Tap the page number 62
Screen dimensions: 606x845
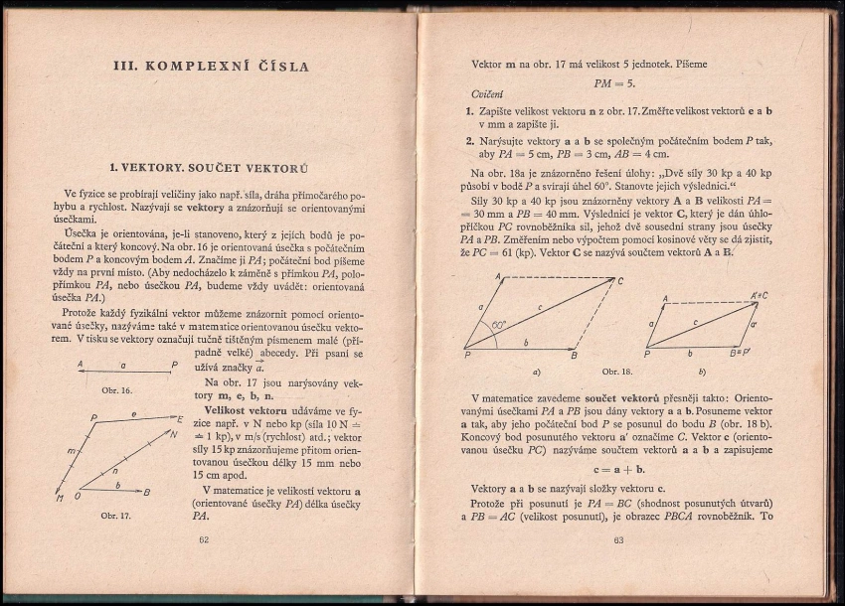[204, 540]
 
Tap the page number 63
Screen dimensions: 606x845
[618, 540]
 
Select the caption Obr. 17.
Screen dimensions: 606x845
[117, 516]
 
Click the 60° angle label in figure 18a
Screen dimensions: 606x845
[498, 324]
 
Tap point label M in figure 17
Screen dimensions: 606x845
[62, 498]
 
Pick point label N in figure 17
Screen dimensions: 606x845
[173, 433]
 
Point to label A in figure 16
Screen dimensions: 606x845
[79, 365]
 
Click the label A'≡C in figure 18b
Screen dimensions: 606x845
[760, 296]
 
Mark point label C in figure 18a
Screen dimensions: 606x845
[620, 281]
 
